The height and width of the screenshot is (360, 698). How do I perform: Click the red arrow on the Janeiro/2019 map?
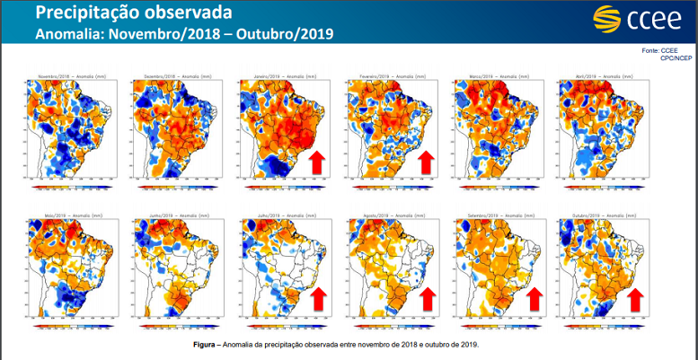click(x=317, y=162)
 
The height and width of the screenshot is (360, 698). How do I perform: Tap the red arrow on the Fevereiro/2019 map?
click(x=426, y=162)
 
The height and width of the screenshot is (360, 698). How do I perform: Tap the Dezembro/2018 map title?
click(x=174, y=76)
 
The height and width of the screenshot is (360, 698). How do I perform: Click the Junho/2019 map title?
click(x=174, y=216)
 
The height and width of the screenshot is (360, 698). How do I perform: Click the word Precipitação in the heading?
click(x=87, y=13)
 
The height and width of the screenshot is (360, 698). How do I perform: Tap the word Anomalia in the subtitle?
click(x=68, y=34)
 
